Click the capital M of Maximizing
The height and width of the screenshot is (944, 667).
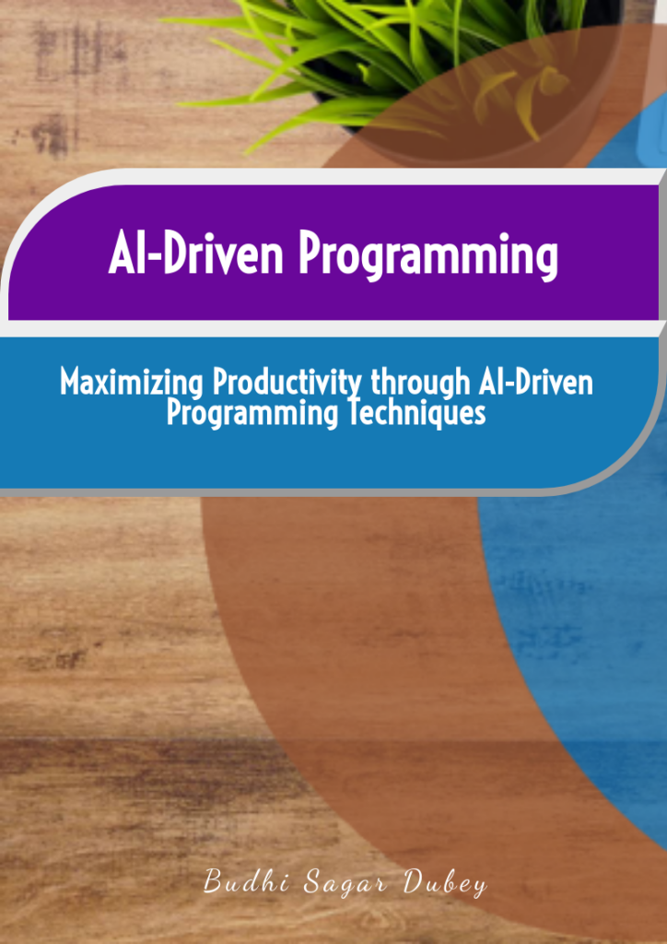pos(72,381)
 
